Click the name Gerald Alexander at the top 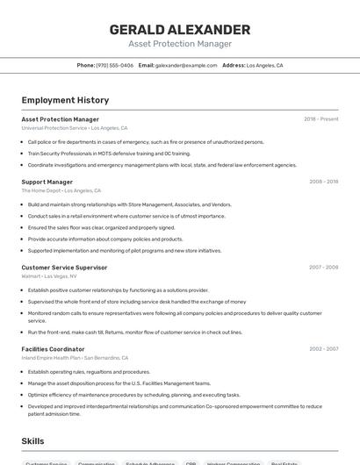click(x=180, y=30)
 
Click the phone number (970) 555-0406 click(x=114, y=65)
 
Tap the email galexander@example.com click(x=186, y=65)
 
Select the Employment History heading click(x=65, y=100)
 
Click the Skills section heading click(x=33, y=440)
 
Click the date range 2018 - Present click(x=320, y=119)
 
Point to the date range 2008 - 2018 click(x=323, y=182)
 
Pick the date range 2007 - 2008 click(x=323, y=268)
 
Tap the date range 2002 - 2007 click(x=323, y=349)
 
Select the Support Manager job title click(x=47, y=182)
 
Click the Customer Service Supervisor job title click(x=64, y=268)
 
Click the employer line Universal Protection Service click(x=75, y=128)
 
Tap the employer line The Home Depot click(x=61, y=190)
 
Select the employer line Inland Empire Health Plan click(x=75, y=358)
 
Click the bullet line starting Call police click(x=145, y=141)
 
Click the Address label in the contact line click(x=234, y=65)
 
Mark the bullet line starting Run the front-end click(x=134, y=333)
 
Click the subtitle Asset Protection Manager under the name click(x=180, y=44)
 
